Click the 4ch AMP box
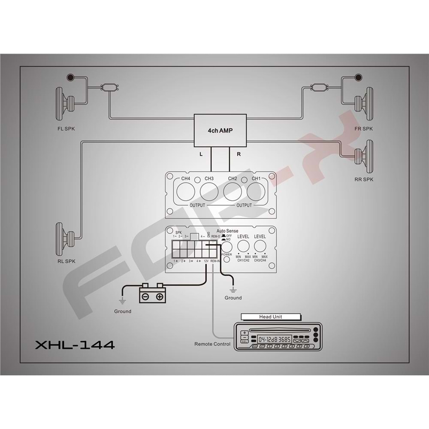(221, 130)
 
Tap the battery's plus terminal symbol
(159, 296)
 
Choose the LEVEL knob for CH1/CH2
(244, 246)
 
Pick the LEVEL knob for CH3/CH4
(260, 246)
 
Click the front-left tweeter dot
(70, 78)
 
